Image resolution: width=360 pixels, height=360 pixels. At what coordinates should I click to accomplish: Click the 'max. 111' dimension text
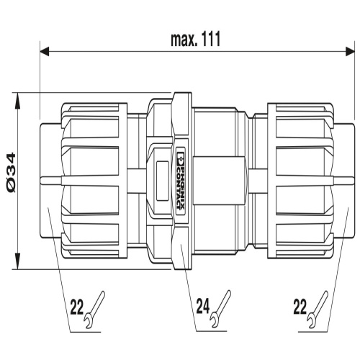pos(195,40)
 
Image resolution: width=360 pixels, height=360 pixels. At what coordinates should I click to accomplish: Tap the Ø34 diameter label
pos(11,173)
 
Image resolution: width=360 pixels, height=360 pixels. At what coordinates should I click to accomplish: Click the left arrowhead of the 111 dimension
pos(45,51)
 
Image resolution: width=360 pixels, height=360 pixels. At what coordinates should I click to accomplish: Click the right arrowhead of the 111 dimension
pos(350,51)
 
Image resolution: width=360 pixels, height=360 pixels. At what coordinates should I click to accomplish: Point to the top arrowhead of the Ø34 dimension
pos(18,100)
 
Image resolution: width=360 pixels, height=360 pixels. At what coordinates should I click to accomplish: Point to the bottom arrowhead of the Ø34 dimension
pos(18,261)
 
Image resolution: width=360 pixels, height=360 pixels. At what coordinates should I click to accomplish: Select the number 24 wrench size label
pos(203,307)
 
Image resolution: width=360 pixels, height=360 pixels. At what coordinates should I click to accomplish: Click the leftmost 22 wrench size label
pos(77,307)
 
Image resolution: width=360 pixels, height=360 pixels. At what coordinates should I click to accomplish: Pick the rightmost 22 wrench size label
pos(300,307)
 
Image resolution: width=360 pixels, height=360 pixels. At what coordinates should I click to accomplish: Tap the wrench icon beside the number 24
pos(220,309)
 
